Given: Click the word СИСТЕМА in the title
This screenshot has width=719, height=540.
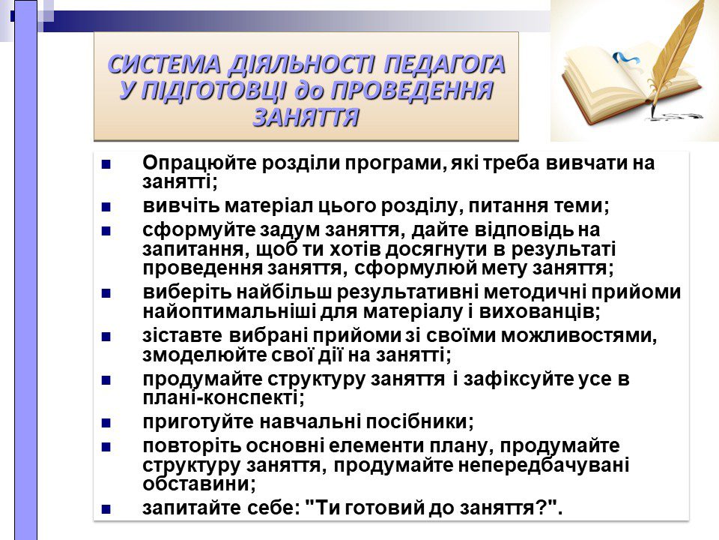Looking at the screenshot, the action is [x=164, y=64].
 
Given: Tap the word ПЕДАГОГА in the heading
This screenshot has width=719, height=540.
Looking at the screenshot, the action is [x=444, y=64].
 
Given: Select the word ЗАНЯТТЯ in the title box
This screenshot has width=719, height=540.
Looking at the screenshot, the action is [x=306, y=117].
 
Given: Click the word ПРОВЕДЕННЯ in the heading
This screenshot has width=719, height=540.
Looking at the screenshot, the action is [x=412, y=91].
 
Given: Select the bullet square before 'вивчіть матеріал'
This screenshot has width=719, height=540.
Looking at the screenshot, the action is [x=106, y=207].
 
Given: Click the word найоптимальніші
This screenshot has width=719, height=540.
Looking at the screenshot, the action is [x=228, y=312].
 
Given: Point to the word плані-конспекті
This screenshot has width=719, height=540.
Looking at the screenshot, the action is [x=223, y=397].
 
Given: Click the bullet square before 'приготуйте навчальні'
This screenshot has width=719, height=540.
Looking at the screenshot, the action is [x=106, y=423].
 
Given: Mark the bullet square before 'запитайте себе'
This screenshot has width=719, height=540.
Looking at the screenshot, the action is [x=106, y=510].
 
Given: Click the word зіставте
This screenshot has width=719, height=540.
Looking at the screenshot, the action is [x=183, y=336].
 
